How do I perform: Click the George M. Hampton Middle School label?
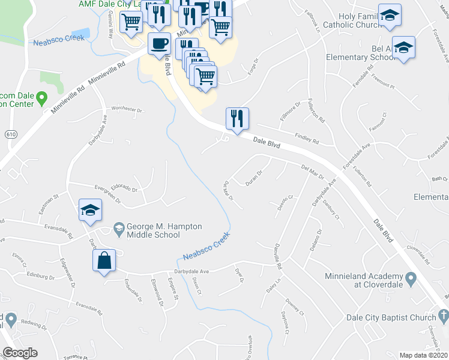click(159, 230)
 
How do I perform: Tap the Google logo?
click(20, 353)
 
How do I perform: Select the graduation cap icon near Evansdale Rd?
click(90, 210)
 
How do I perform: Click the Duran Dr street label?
click(255, 178)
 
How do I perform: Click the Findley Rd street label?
click(307, 139)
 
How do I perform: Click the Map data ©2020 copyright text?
click(423, 355)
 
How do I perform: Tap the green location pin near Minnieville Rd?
click(41, 97)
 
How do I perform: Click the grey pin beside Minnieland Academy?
click(411, 278)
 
